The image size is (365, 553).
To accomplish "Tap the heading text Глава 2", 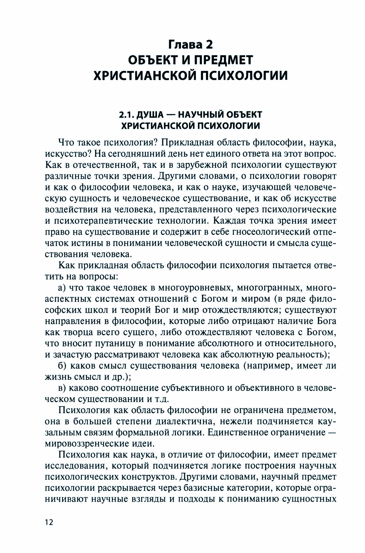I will pos(191,44).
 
